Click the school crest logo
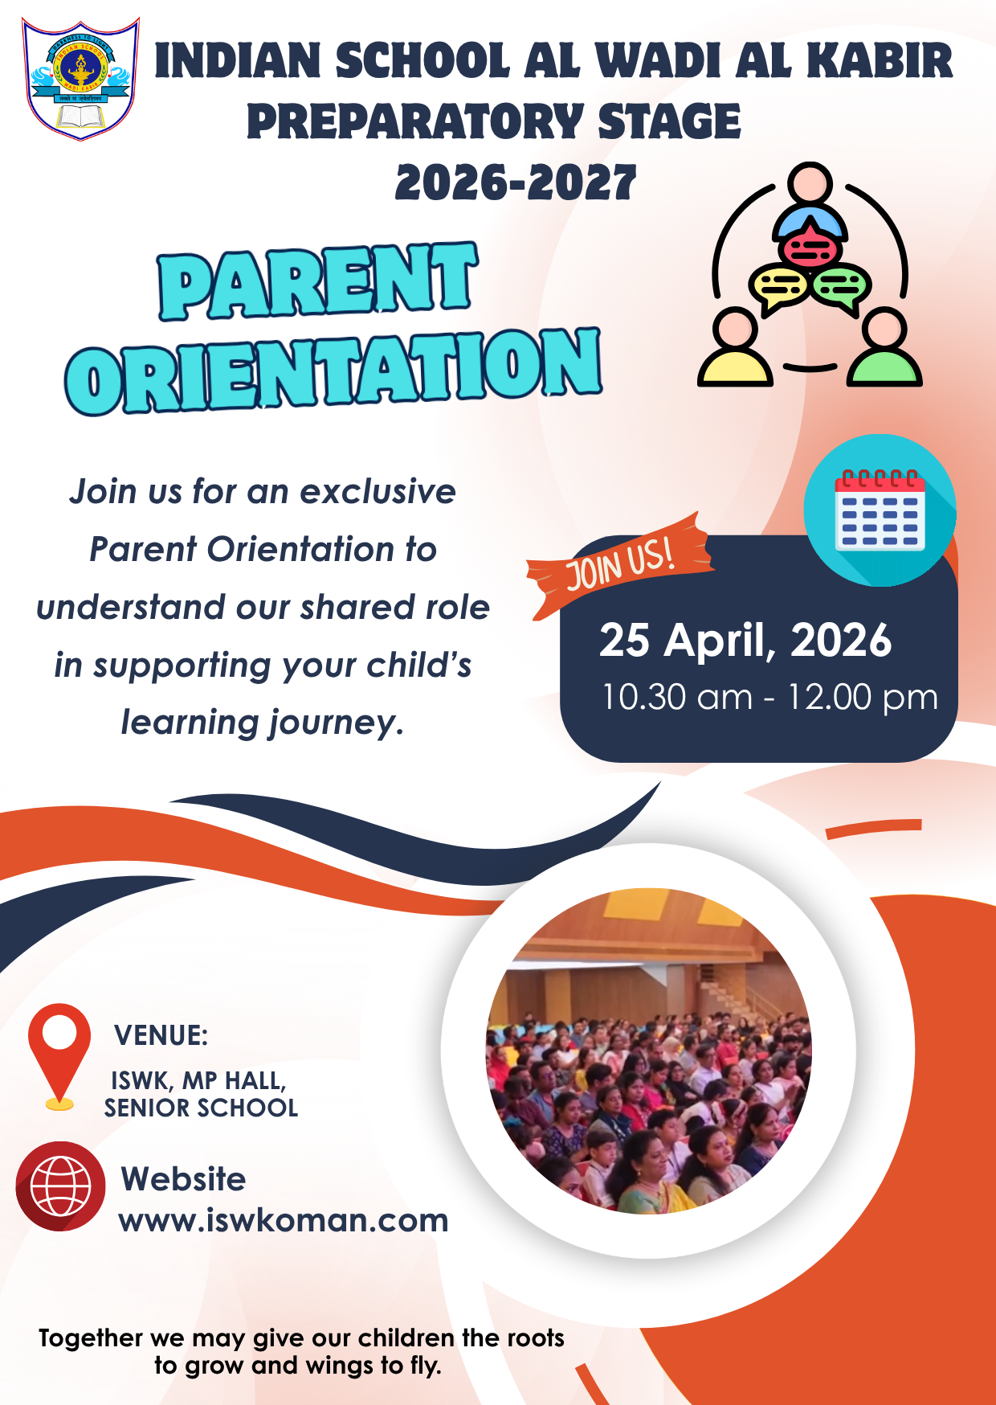click(x=80, y=79)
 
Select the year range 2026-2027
click(x=516, y=182)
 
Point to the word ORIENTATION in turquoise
click(x=333, y=370)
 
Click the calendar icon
click(x=880, y=510)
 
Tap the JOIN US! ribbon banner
click(x=619, y=564)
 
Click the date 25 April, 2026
click(x=745, y=641)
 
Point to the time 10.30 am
click(x=677, y=697)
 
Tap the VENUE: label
click(x=161, y=1035)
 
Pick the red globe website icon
click(x=60, y=1186)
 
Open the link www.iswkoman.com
click(x=284, y=1220)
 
